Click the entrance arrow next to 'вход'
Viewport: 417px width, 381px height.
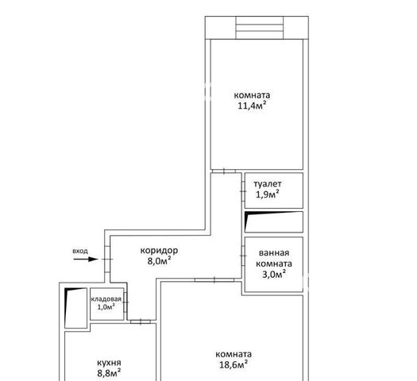coord(86,259)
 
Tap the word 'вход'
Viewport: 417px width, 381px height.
coord(80,251)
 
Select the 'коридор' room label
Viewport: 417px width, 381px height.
coord(159,250)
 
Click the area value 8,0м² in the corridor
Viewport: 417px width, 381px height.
coord(159,260)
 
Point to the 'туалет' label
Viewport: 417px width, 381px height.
coord(268,183)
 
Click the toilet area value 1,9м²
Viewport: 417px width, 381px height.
coord(268,194)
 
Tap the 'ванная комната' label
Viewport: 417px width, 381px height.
coord(274,258)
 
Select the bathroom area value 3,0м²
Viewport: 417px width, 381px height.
coord(274,274)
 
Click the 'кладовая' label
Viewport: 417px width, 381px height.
coord(106,299)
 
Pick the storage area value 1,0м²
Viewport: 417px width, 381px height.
coord(106,307)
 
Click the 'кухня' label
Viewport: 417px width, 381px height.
coord(109,363)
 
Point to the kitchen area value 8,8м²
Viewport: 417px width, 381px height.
coord(109,373)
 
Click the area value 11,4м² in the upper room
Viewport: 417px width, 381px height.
coord(252,106)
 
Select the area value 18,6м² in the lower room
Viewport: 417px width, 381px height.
coord(234,364)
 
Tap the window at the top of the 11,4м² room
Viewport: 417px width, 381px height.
coord(260,28)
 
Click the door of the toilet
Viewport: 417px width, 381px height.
coord(243,191)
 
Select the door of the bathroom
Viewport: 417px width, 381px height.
coord(243,256)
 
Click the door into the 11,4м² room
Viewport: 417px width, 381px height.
coord(224,171)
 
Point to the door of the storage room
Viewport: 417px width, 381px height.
coord(125,302)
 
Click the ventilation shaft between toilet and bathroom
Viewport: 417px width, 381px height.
coord(274,221)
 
